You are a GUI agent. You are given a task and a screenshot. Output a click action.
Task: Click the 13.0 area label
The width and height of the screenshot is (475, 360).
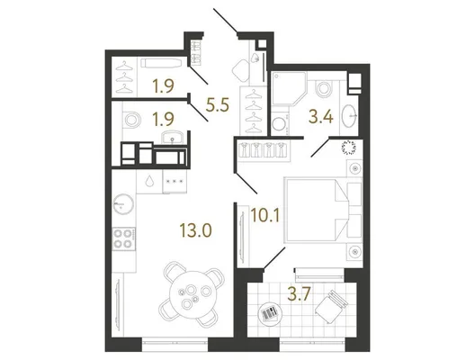click(x=195, y=230)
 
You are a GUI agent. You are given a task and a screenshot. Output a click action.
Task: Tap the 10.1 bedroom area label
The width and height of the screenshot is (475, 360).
click(x=265, y=215)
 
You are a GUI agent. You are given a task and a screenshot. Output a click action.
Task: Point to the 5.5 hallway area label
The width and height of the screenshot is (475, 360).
click(x=217, y=105)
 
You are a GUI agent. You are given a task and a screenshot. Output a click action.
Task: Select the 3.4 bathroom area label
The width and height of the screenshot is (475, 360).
click(x=321, y=117)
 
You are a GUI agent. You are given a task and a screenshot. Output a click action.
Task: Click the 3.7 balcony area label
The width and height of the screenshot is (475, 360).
click(x=300, y=294)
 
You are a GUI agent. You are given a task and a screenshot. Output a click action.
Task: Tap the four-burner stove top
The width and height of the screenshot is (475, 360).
click(x=124, y=238)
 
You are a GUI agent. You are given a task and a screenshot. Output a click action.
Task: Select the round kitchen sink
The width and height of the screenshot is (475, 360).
click(x=123, y=203)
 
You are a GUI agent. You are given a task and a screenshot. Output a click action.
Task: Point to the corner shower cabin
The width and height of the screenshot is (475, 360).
click(x=289, y=88)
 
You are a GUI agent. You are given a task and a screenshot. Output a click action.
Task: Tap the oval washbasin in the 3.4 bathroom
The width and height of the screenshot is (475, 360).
click(x=350, y=115)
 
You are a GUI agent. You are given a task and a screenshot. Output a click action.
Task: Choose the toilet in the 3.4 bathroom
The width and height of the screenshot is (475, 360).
click(x=323, y=88)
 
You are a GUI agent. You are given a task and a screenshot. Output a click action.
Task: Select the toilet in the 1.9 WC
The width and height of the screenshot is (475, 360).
click(x=131, y=120)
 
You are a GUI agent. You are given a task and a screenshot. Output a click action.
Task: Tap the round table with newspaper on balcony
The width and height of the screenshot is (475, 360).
click(x=270, y=314)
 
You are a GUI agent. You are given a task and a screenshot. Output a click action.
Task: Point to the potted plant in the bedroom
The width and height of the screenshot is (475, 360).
click(x=350, y=147)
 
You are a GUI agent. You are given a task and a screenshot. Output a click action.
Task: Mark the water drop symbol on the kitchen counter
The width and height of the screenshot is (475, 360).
click(x=149, y=181)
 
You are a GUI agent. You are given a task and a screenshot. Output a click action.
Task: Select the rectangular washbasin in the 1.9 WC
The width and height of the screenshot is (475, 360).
click(x=172, y=138)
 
